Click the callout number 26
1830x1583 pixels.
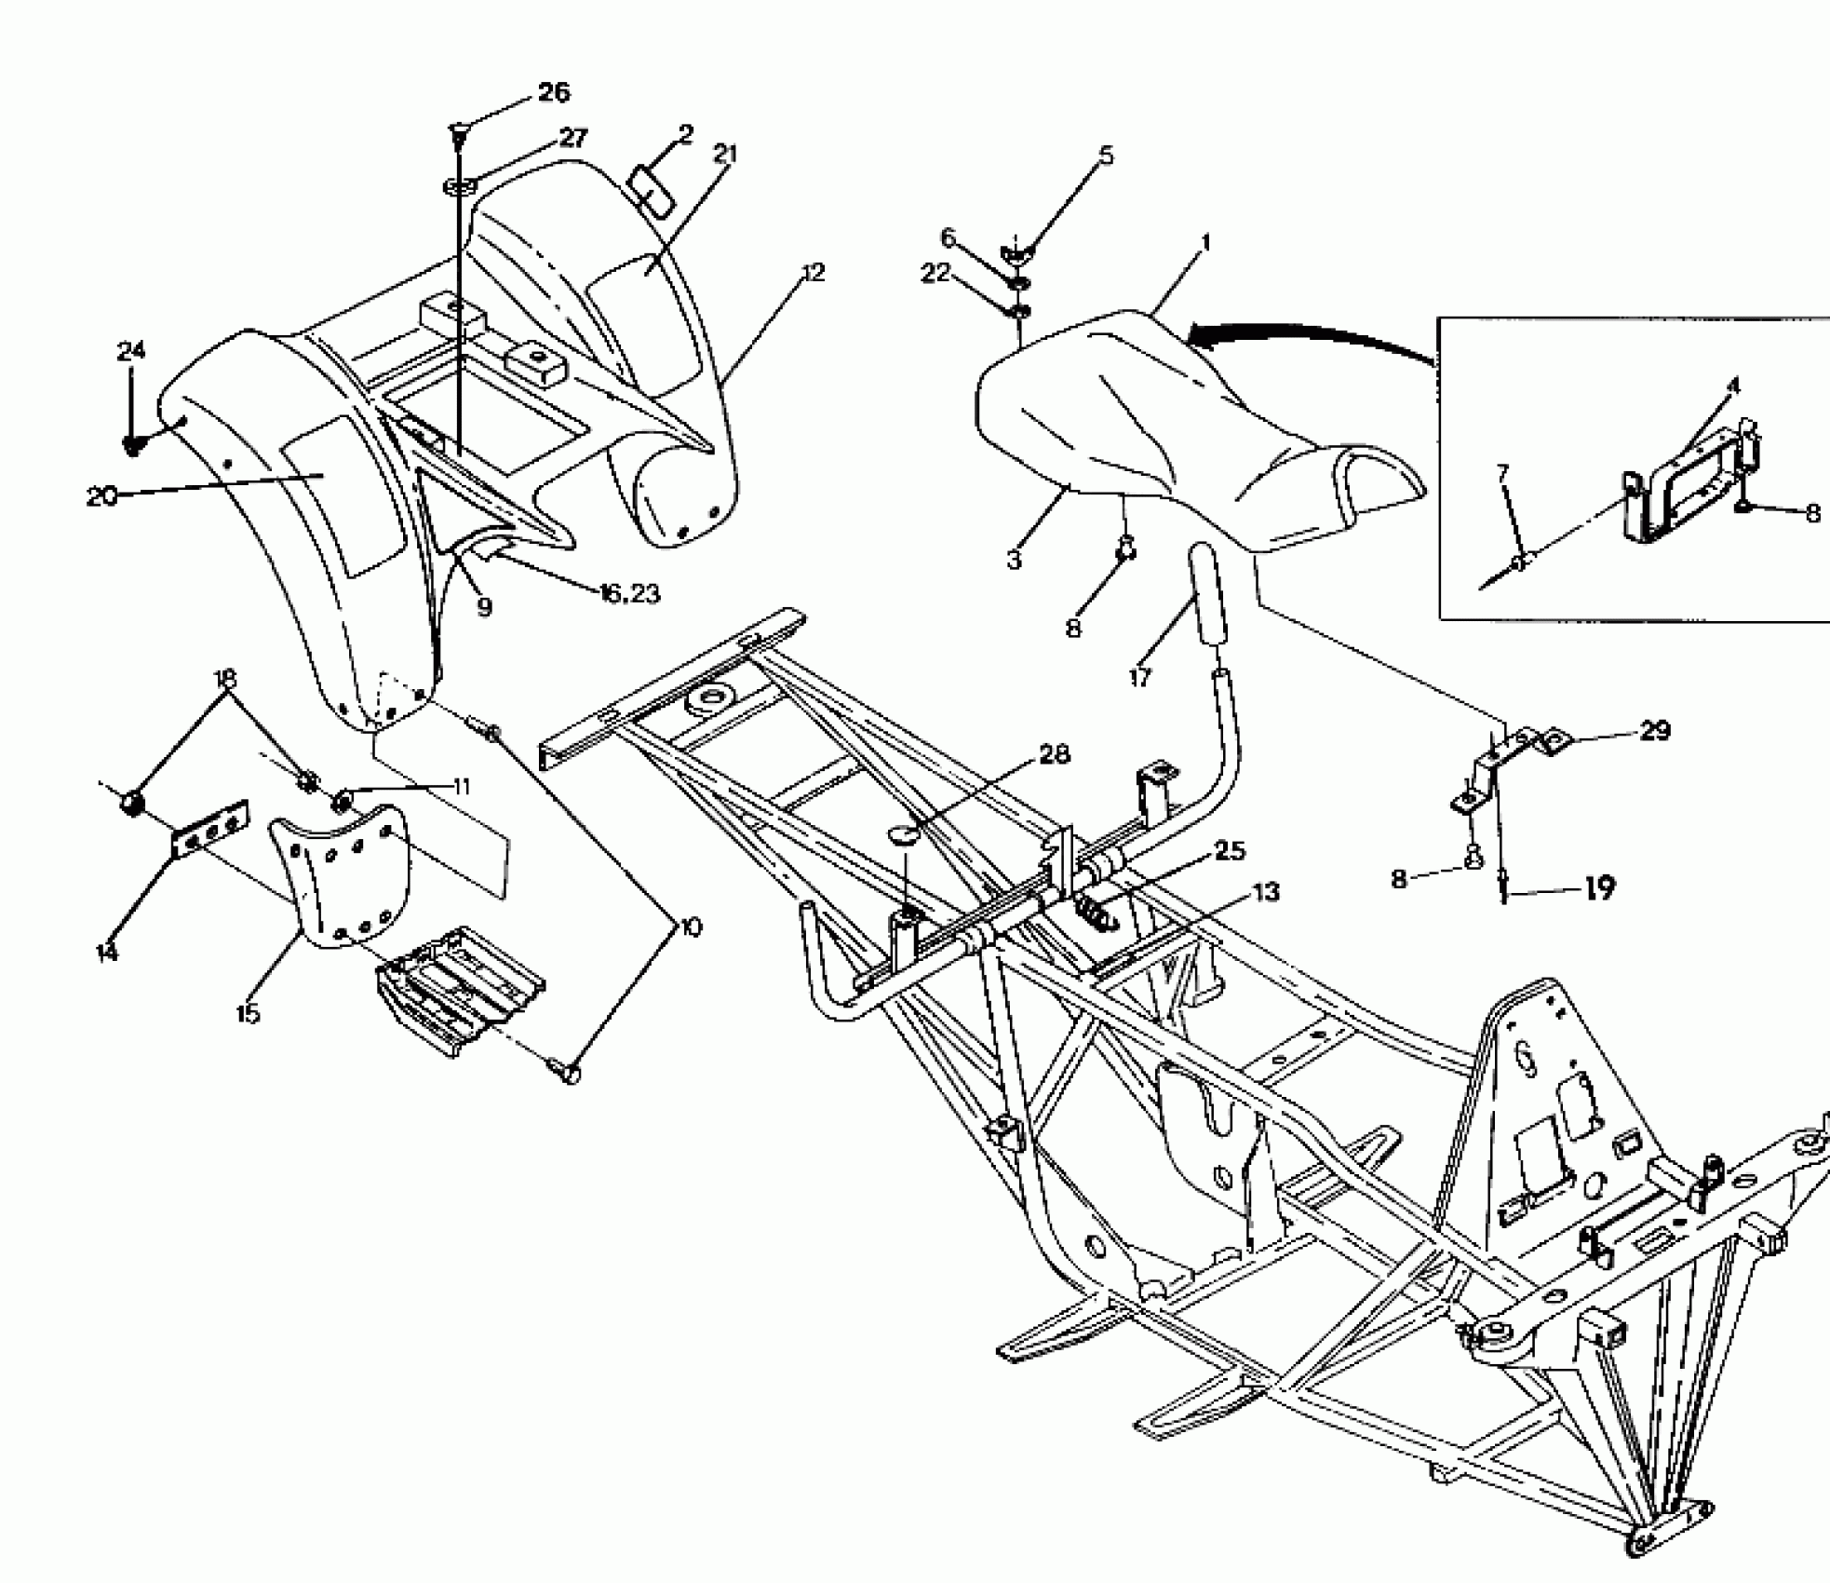[554, 92]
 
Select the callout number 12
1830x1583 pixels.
[813, 273]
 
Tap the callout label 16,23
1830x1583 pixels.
[629, 593]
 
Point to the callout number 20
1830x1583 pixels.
[101, 496]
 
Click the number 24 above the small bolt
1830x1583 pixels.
[131, 351]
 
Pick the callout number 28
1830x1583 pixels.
[1054, 753]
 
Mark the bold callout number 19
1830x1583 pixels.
[1599, 889]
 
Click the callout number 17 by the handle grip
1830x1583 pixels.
[1140, 677]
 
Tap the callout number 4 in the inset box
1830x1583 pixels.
[1732, 386]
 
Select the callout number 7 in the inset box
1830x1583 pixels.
[1502, 473]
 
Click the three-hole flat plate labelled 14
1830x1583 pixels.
[210, 827]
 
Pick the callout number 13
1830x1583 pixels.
[1266, 892]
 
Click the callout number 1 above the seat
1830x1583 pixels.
[1206, 244]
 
